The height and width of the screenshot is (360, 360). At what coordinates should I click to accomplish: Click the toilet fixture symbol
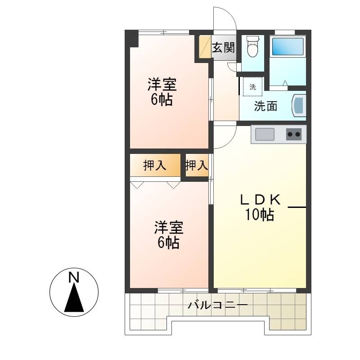click(252, 46)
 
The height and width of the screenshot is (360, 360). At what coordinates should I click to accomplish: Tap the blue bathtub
click(288, 46)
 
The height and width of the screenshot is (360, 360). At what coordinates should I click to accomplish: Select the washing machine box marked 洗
click(252, 86)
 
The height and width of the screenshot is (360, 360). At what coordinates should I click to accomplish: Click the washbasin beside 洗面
click(299, 106)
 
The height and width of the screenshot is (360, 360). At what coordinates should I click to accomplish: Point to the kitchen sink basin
click(265, 134)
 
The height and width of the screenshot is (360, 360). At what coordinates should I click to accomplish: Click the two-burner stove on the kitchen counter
click(294, 134)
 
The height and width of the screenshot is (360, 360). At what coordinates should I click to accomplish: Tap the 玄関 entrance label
click(223, 48)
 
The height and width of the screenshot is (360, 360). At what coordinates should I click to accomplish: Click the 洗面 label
click(265, 106)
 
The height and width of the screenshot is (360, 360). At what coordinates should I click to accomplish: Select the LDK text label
click(260, 199)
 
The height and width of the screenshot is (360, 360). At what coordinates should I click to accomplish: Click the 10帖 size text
click(260, 215)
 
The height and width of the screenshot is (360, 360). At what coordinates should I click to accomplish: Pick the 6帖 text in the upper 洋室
click(162, 100)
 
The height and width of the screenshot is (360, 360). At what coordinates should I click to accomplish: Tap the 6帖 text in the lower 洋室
click(168, 243)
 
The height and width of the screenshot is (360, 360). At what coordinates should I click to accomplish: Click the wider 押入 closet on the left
click(155, 165)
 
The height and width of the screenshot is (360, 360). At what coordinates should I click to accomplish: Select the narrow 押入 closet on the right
click(197, 165)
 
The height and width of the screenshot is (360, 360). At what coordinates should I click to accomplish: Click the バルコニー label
click(218, 305)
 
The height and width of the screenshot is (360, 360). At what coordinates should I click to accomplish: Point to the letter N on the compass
click(74, 277)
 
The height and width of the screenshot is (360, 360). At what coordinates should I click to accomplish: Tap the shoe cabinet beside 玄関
click(205, 47)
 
